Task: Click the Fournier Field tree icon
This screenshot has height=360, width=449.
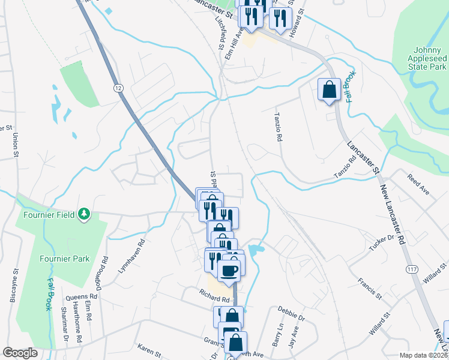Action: pos(85,213)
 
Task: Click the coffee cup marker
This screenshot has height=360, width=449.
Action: pos(229,271)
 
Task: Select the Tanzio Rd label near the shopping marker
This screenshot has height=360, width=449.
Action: pos(278,128)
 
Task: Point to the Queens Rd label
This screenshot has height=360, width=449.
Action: pos(81,296)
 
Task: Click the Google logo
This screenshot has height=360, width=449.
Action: pos(20,353)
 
